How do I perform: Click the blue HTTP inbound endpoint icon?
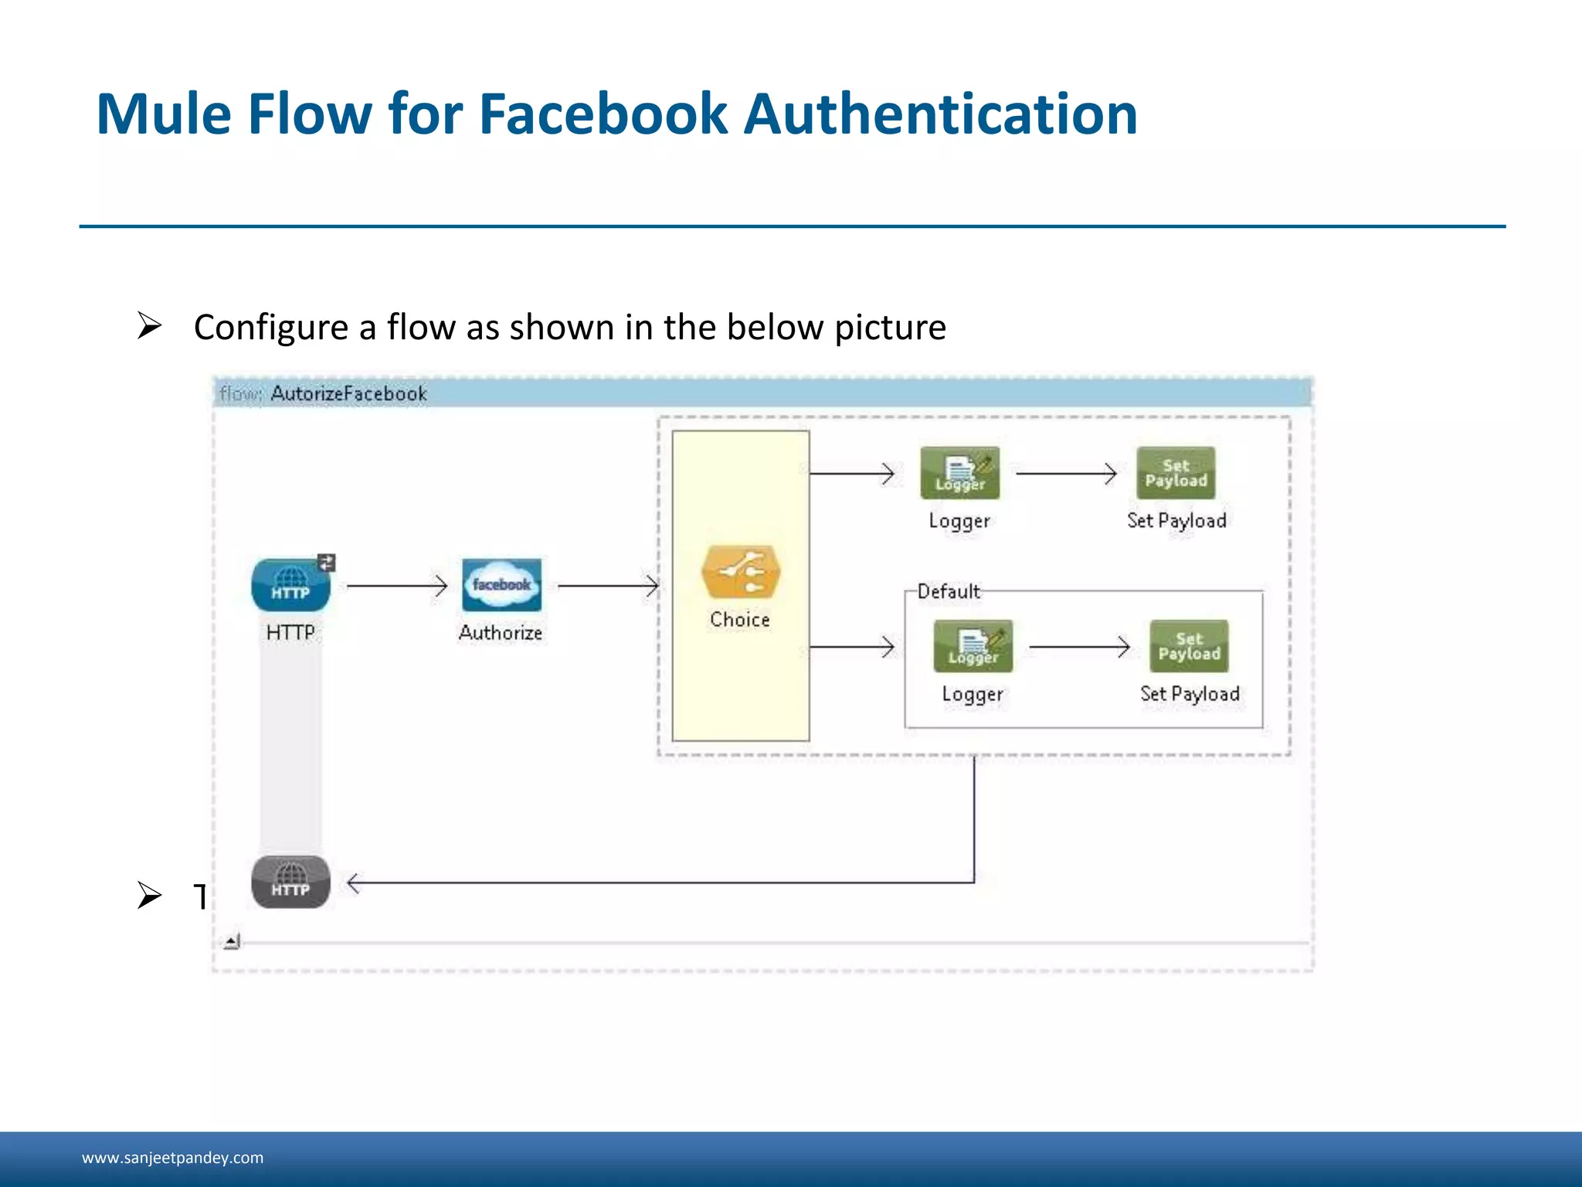click(x=290, y=585)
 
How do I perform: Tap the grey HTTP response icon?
click(x=290, y=882)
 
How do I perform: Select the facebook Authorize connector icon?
click(x=501, y=584)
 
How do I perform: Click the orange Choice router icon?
click(x=741, y=572)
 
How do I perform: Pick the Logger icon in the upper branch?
click(x=959, y=473)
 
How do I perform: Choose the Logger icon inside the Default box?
click(x=973, y=646)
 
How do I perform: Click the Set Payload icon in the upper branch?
click(x=1176, y=473)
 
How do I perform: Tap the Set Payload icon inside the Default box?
click(x=1189, y=646)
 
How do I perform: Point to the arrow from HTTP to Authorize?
click(x=397, y=586)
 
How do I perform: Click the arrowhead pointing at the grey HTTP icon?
click(x=354, y=883)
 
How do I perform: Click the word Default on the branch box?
click(x=949, y=592)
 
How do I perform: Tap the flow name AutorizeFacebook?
click(x=348, y=394)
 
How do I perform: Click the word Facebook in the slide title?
click(x=603, y=114)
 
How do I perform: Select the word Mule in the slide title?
click(x=164, y=114)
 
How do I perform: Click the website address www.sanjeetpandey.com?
click(x=172, y=1158)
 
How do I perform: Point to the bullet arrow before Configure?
click(x=149, y=326)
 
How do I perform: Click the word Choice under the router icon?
click(x=739, y=620)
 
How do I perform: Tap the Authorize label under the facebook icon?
click(x=501, y=633)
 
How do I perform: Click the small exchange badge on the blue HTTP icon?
click(x=327, y=563)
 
